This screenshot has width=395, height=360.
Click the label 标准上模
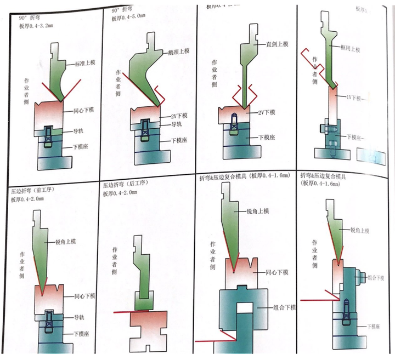coord(83,64)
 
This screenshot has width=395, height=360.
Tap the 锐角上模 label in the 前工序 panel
coord(66,242)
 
